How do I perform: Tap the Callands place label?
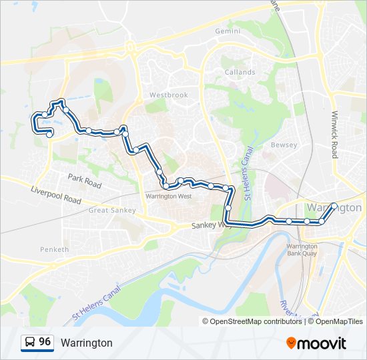(x=240, y=72)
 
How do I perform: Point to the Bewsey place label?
(x=283, y=145)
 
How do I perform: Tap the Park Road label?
(x=84, y=181)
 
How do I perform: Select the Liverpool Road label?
(x=55, y=195)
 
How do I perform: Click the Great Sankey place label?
(x=112, y=211)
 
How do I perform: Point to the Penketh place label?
(x=55, y=249)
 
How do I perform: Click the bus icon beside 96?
(x=30, y=343)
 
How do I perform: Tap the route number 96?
(x=45, y=342)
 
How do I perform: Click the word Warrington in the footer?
(x=87, y=343)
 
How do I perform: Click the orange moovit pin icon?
(x=291, y=343)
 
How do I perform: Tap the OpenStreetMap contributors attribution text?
(x=256, y=321)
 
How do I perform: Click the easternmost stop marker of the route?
(x=334, y=206)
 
